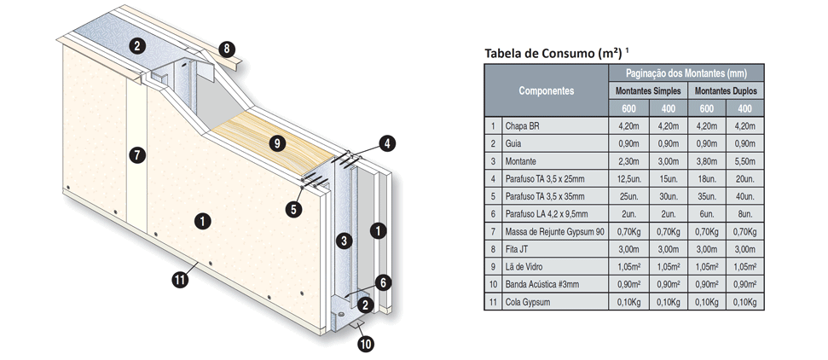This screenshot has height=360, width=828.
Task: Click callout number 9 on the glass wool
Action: (275, 143)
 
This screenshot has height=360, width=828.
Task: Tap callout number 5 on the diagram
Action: (294, 206)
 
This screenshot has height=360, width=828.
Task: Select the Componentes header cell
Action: (547, 90)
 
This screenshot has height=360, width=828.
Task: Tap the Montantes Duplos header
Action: (725, 90)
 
